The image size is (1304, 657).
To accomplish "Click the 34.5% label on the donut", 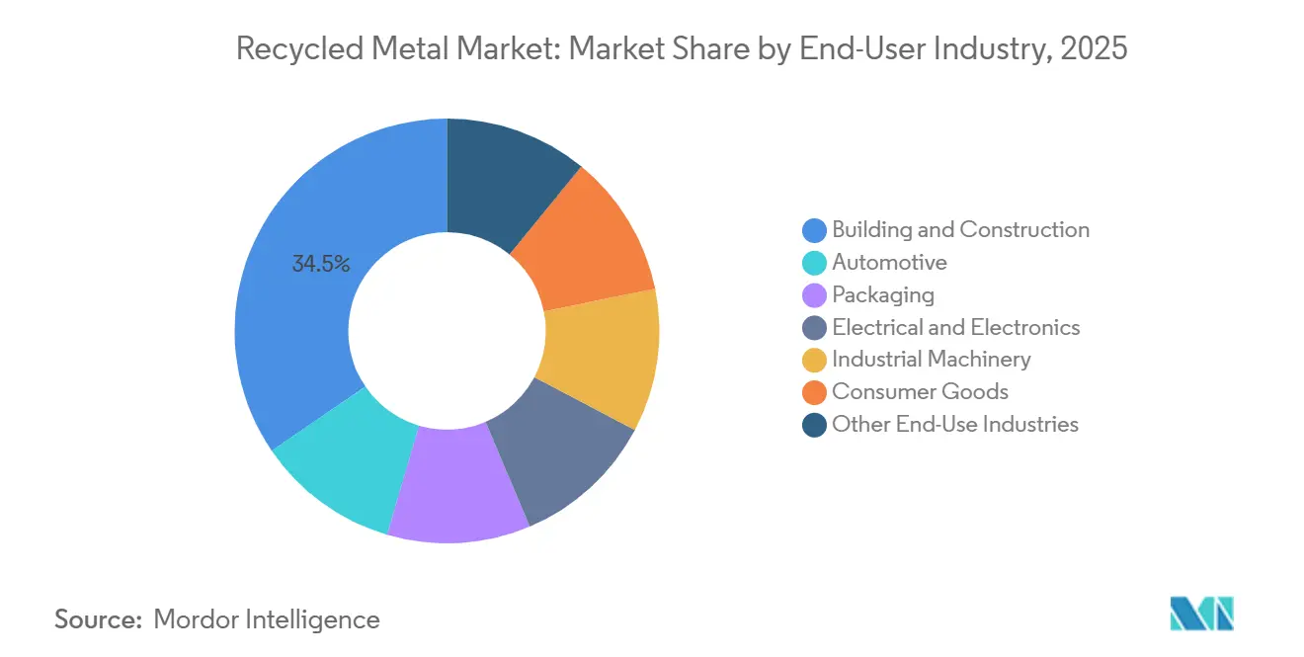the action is click(x=321, y=264).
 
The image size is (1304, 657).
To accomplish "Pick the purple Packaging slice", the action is click(x=457, y=484).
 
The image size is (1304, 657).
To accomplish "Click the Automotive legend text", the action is click(x=889, y=262).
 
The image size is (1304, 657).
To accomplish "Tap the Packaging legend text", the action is click(x=883, y=294).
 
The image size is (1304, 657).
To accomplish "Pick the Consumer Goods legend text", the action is click(x=920, y=391).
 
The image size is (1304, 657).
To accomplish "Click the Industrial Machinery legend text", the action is click(x=932, y=359).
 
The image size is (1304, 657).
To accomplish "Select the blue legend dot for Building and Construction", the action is click(x=814, y=230).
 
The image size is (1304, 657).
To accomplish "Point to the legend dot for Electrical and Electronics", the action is click(x=814, y=327).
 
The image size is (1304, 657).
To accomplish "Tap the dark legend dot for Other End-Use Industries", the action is click(x=814, y=425).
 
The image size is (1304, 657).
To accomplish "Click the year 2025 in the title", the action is click(x=1094, y=48).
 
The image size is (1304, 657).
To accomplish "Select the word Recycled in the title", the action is click(x=299, y=49).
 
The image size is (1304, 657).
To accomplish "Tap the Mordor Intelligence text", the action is click(x=267, y=619).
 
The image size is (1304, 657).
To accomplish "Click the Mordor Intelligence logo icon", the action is click(x=1201, y=614).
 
